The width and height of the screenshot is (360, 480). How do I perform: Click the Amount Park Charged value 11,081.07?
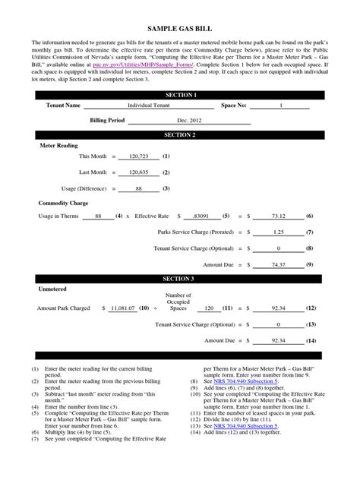click(x=122, y=309)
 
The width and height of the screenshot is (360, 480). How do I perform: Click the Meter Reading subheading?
click(x=57, y=144)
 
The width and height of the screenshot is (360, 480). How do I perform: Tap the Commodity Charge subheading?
click(x=62, y=204)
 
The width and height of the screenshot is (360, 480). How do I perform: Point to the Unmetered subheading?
click(x=52, y=289)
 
